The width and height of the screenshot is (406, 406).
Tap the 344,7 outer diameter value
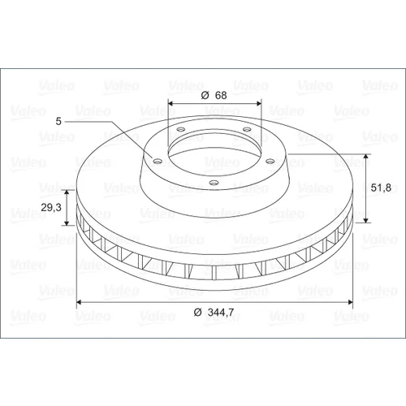[x=221, y=313]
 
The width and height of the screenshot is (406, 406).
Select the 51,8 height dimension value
[x=381, y=188]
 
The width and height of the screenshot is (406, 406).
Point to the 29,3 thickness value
[x=51, y=207]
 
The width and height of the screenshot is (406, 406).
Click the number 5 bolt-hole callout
[x=58, y=121]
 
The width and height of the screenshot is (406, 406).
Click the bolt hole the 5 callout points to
[x=158, y=162]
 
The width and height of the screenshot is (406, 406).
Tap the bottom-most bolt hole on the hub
[x=214, y=183]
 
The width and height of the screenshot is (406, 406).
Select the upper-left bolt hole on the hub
[x=181, y=129]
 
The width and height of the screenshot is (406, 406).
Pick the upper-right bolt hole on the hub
[x=247, y=129]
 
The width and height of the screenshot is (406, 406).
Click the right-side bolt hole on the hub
[x=270, y=162]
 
